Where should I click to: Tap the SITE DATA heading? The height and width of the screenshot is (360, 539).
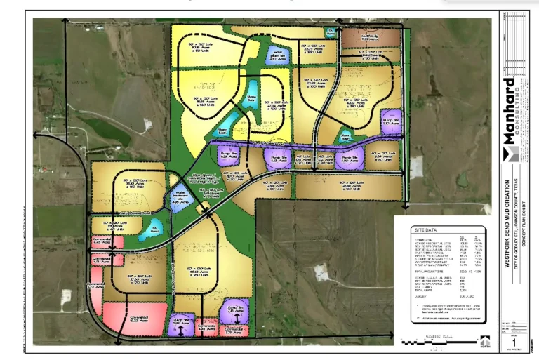click(428, 230)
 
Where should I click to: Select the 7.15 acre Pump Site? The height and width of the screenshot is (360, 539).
click(232, 311)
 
